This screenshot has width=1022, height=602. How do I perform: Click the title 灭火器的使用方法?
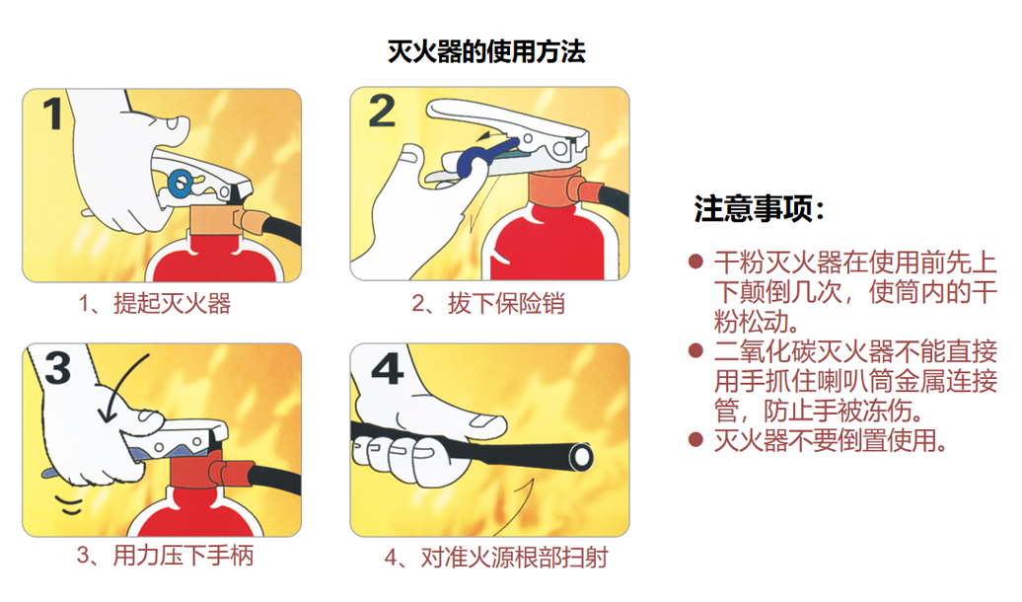pyautogui.click(x=486, y=51)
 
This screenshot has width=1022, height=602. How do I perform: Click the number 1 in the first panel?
pyautogui.click(x=53, y=113)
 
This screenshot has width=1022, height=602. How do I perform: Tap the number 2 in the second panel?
pyautogui.click(x=382, y=111)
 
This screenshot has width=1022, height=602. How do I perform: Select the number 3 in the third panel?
pyautogui.click(x=57, y=368)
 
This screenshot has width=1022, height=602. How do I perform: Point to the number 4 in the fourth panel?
pyautogui.click(x=387, y=369)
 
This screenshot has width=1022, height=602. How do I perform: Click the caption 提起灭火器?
pyautogui.click(x=172, y=303)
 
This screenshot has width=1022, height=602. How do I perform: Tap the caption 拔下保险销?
pyautogui.click(x=506, y=303)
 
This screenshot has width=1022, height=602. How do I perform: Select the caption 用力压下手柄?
pyautogui.click(x=183, y=556)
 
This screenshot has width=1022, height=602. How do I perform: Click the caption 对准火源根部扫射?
pyautogui.click(x=515, y=558)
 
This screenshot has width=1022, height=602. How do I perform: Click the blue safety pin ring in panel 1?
pyautogui.click(x=180, y=183)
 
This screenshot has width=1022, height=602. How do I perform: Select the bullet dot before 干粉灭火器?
pyautogui.click(x=695, y=263)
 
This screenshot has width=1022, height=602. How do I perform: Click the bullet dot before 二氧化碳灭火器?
pyautogui.click(x=695, y=351)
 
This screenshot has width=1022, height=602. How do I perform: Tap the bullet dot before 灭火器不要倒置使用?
pyautogui.click(x=695, y=439)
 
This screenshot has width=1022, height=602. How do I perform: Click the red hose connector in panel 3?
pyautogui.click(x=232, y=472)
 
